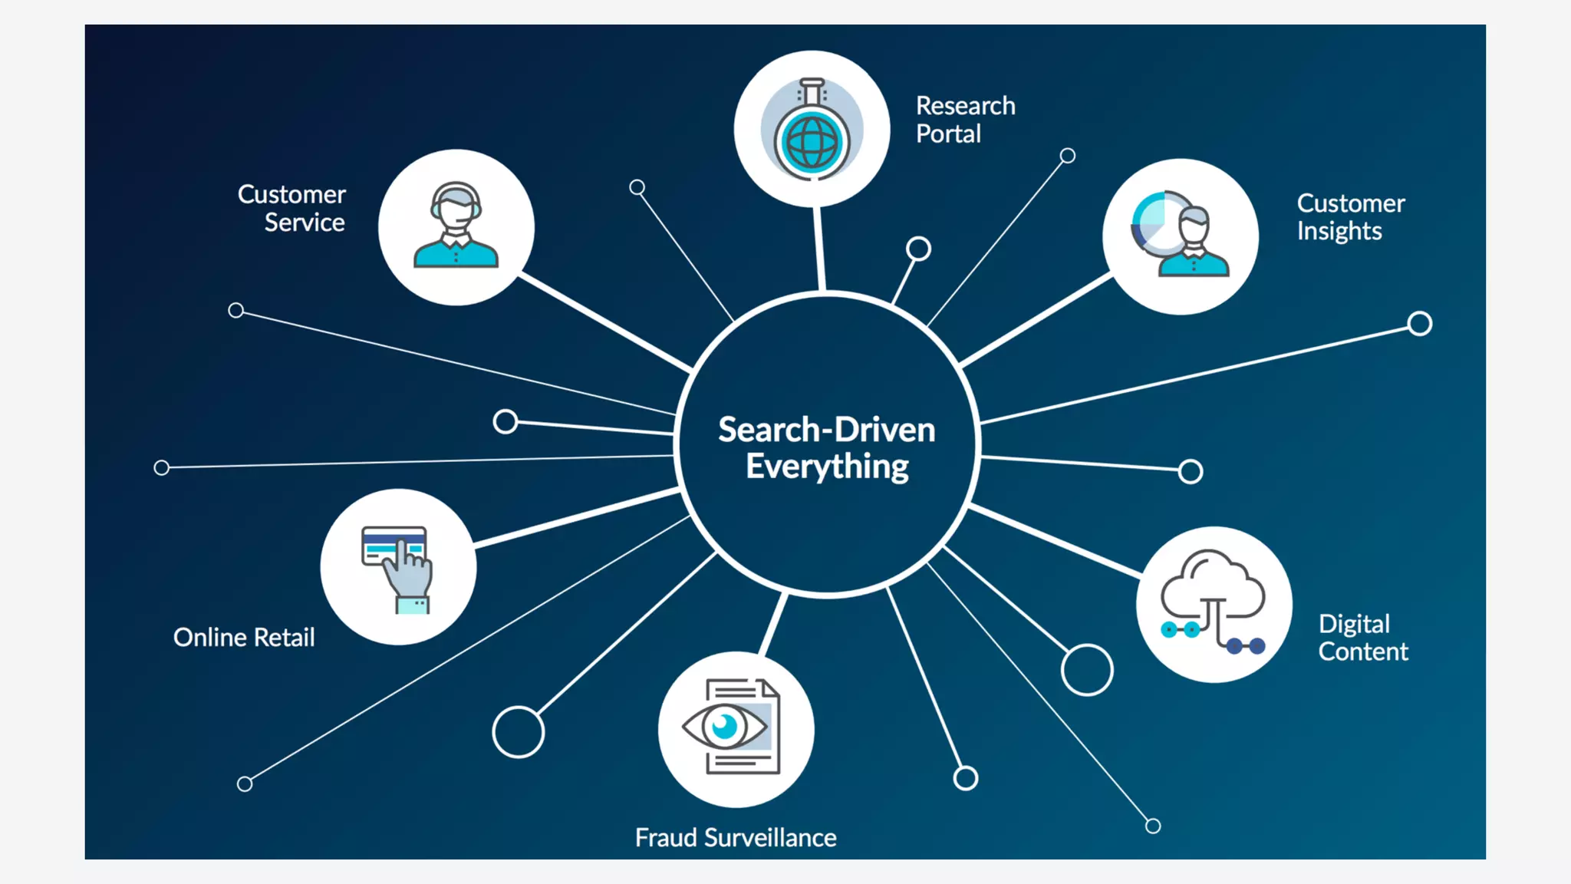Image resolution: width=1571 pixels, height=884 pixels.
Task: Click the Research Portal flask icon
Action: pos(812,129)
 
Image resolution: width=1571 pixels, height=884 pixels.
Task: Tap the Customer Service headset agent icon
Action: pos(456,226)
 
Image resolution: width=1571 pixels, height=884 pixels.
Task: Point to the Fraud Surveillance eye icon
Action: pos(726,726)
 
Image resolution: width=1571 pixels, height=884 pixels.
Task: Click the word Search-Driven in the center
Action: pos(826,430)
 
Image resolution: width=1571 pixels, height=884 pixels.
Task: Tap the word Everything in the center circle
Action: pos(827,467)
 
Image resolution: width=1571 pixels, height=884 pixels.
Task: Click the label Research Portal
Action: pos(965,120)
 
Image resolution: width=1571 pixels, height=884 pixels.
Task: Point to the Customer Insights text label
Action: pos(1350,217)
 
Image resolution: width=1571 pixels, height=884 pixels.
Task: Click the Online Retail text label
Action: pos(244,637)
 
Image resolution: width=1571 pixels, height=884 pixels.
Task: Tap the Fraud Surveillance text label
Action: pos(736,837)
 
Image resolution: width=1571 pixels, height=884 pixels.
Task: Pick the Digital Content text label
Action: pos(1362,638)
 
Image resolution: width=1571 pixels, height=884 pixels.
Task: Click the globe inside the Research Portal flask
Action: pos(812,142)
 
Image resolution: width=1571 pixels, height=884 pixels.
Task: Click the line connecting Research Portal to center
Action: pos(820,249)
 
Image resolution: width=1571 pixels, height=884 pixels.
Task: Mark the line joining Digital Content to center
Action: pos(1055,540)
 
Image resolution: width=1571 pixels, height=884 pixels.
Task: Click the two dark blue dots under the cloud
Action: pos(1245,646)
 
